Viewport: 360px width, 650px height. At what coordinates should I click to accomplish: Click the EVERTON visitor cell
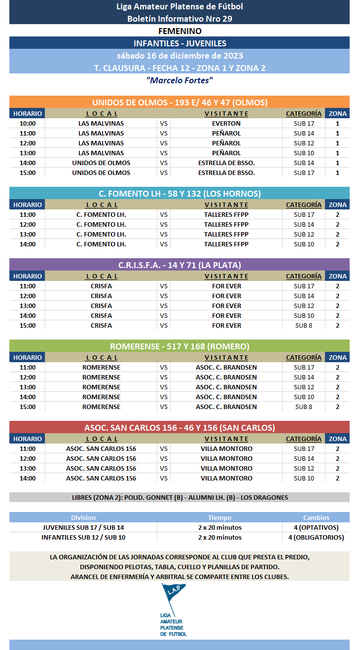pos(226,123)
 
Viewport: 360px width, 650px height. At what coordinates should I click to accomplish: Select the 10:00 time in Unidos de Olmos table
pos(28,123)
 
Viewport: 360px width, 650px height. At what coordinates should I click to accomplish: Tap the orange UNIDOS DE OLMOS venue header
pos(180,103)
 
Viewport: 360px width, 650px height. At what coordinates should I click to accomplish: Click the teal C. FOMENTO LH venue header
pos(180,194)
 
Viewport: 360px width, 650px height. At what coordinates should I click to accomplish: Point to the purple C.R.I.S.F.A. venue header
pos(180,265)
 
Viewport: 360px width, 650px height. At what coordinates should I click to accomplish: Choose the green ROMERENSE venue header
pos(180,346)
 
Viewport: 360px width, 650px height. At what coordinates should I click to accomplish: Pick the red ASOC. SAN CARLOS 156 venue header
pos(180,428)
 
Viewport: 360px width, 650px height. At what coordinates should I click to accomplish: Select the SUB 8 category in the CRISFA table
pos(304,325)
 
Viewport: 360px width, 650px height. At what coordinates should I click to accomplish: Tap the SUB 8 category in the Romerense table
pos(304,407)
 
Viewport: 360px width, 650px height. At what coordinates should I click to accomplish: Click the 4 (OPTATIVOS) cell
pos(316,527)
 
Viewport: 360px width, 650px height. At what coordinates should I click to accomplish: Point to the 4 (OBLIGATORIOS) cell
pos(316,537)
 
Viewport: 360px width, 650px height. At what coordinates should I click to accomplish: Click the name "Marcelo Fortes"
pos(180,80)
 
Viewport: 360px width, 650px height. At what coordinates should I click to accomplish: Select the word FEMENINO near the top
pos(180,31)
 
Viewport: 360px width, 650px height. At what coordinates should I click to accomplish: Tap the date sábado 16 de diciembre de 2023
pos(180,56)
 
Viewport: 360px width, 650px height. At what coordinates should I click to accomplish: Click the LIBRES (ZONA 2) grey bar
pos(180,497)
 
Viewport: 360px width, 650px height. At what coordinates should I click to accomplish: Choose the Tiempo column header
pos(219,517)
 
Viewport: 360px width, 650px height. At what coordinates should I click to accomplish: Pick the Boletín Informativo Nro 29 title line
pos(180,19)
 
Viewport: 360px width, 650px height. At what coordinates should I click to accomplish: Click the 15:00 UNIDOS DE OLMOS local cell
pos(101,172)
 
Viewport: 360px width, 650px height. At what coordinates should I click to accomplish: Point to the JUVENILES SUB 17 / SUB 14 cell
pos(83,527)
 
